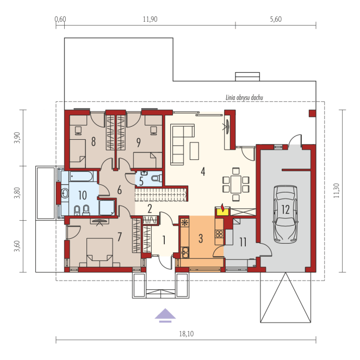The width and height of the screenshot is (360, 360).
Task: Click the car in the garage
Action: click(285, 214)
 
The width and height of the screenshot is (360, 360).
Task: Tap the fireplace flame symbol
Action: click(222, 207)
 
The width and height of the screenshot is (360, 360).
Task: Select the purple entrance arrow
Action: click(165, 315)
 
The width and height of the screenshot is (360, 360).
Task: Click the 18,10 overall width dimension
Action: click(187, 333)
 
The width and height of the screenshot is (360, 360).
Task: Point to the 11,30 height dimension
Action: click(337, 190)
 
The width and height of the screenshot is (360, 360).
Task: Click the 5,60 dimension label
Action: click(276, 19)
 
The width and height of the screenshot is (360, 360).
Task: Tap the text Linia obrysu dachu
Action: click(244, 97)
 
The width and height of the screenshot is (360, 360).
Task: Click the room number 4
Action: click(203, 171)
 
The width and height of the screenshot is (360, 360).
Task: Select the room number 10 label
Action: click(83, 195)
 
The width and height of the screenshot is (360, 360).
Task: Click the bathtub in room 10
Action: click(82, 176)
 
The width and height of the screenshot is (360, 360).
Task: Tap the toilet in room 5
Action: click(157, 178)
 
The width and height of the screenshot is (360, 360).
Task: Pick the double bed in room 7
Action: click(100, 252)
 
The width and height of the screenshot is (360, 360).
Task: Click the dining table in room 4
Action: click(236, 184)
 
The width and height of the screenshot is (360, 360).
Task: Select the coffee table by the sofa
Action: click(194, 151)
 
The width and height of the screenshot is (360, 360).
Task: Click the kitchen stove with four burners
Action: click(219, 234)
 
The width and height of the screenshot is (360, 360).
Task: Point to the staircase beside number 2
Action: click(161, 195)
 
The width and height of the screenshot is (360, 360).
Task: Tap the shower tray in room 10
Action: click(107, 208)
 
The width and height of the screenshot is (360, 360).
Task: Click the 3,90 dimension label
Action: click(17, 138)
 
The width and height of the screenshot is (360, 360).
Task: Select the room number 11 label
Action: click(243, 242)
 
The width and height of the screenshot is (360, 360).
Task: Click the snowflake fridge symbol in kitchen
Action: click(184, 222)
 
